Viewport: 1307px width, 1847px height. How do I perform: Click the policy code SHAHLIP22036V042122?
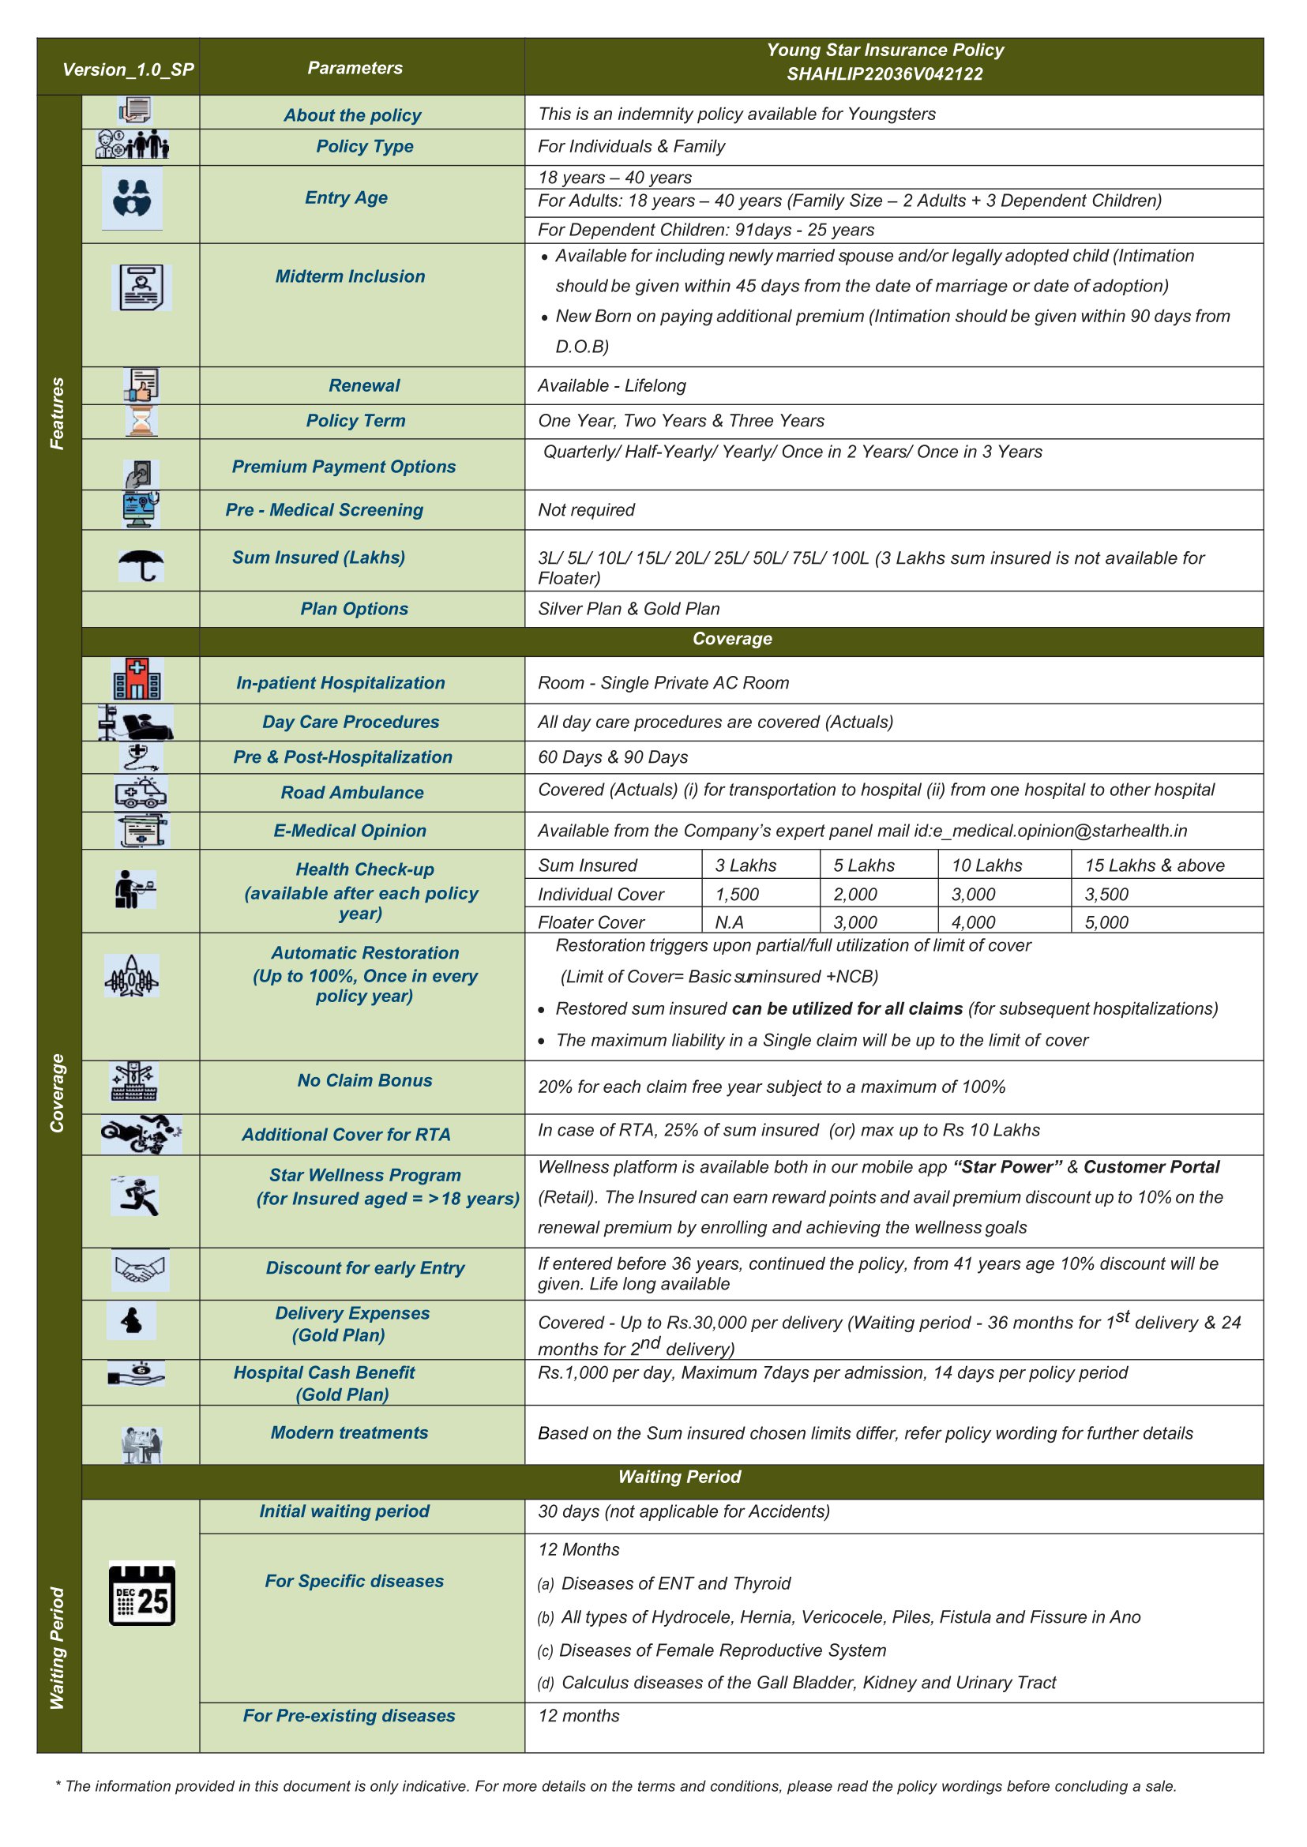[x=884, y=74]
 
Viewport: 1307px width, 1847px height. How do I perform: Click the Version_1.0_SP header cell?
[x=128, y=69]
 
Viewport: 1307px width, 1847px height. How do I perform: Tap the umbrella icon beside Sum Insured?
[x=141, y=565]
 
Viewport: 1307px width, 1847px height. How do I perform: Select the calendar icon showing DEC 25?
[x=141, y=1593]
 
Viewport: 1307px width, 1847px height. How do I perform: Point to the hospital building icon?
[x=137, y=678]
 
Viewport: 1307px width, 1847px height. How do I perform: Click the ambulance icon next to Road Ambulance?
[x=141, y=793]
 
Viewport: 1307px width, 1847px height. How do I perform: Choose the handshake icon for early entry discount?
[x=140, y=1269]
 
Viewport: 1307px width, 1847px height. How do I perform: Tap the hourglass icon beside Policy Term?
[x=141, y=421]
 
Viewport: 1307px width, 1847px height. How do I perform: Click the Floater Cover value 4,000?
[x=973, y=922]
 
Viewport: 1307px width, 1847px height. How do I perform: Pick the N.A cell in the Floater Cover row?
[x=729, y=922]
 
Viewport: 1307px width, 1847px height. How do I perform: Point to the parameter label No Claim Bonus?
[x=365, y=1080]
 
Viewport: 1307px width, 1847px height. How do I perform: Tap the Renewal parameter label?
[x=364, y=385]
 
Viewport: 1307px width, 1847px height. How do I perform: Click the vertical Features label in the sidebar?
[x=57, y=413]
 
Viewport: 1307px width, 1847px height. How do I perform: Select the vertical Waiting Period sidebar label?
[x=57, y=1647]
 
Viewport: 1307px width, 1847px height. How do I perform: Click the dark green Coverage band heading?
[x=731, y=639]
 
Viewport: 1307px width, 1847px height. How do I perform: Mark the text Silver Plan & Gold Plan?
[x=629, y=610]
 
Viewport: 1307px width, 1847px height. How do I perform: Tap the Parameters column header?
[x=355, y=68]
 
